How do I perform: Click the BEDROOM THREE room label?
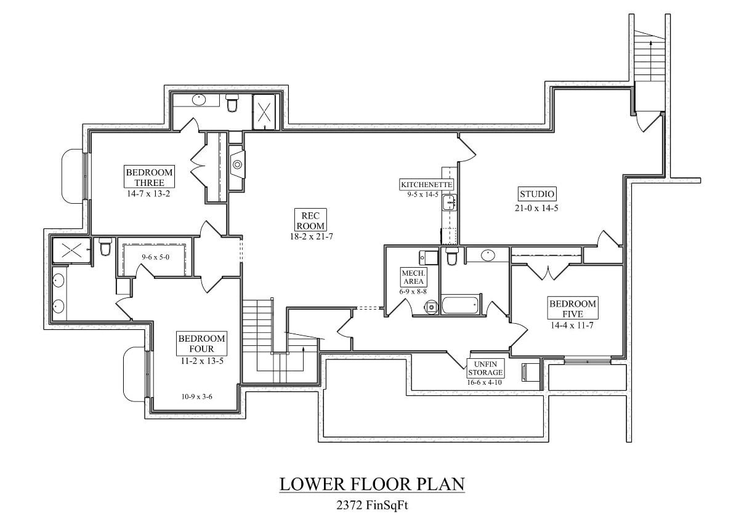click(x=149, y=177)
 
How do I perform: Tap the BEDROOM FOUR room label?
click(x=201, y=343)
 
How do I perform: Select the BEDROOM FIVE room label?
click(x=573, y=308)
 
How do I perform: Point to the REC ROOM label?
click(x=310, y=220)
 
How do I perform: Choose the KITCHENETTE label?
click(x=427, y=185)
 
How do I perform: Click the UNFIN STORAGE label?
click(x=485, y=368)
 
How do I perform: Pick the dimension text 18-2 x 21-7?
click(x=310, y=236)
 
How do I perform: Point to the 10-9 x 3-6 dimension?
click(x=198, y=397)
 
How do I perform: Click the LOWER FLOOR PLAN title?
click(x=372, y=484)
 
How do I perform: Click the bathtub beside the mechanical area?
click(x=461, y=305)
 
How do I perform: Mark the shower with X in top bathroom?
click(x=265, y=112)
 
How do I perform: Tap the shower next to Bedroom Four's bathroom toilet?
click(x=70, y=250)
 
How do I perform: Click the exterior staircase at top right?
click(x=650, y=55)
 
